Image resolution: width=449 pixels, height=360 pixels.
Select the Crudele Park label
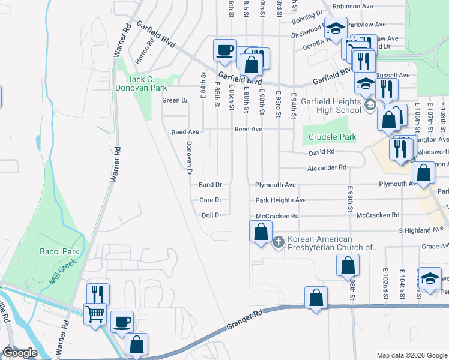pyautogui.click(x=332, y=137)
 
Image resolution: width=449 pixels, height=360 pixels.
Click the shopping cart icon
pyautogui.click(x=96, y=313)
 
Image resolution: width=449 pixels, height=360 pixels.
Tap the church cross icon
pyautogui.click(x=278, y=242)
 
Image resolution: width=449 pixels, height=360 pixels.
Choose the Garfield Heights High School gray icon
pyautogui.click(x=370, y=107)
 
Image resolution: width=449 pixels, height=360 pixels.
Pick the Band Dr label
pyautogui.click(x=211, y=185)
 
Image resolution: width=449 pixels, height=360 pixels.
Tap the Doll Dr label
pyautogui.click(x=212, y=215)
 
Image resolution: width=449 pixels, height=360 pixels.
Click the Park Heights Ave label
pyautogui.click(x=280, y=200)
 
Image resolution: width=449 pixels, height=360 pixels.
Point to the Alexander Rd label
pyautogui.click(x=327, y=168)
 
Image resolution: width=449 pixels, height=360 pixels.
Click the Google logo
pyautogui.click(x=20, y=353)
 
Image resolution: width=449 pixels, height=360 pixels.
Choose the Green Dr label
pyautogui.click(x=175, y=100)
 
